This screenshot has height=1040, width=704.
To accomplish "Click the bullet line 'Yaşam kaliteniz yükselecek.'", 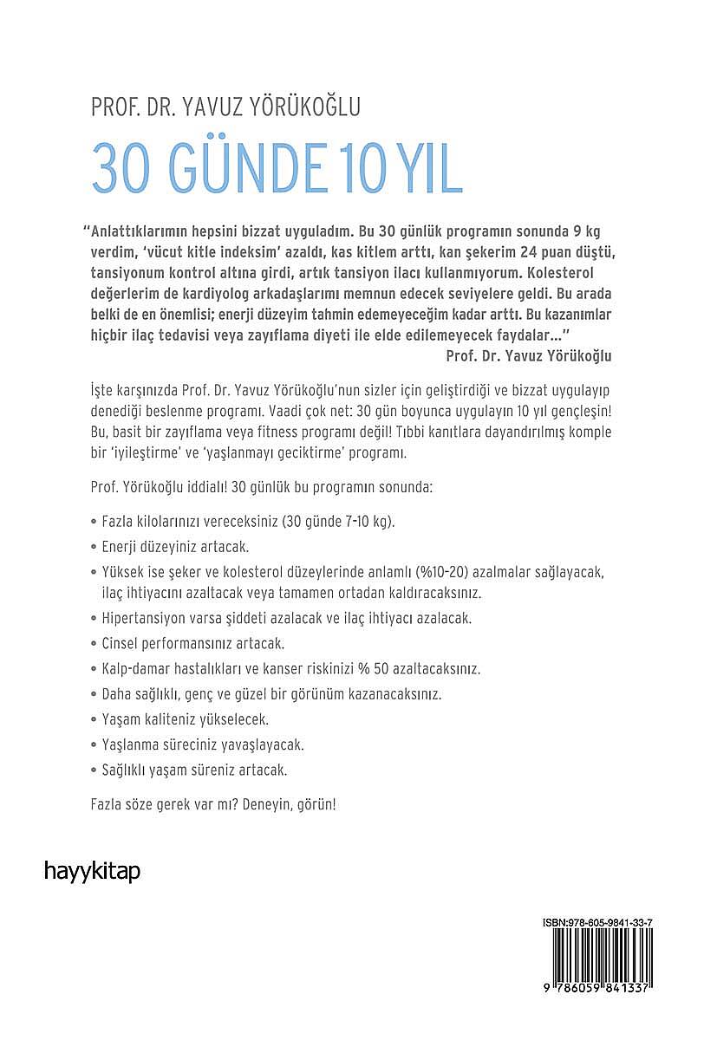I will click(184, 719).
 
